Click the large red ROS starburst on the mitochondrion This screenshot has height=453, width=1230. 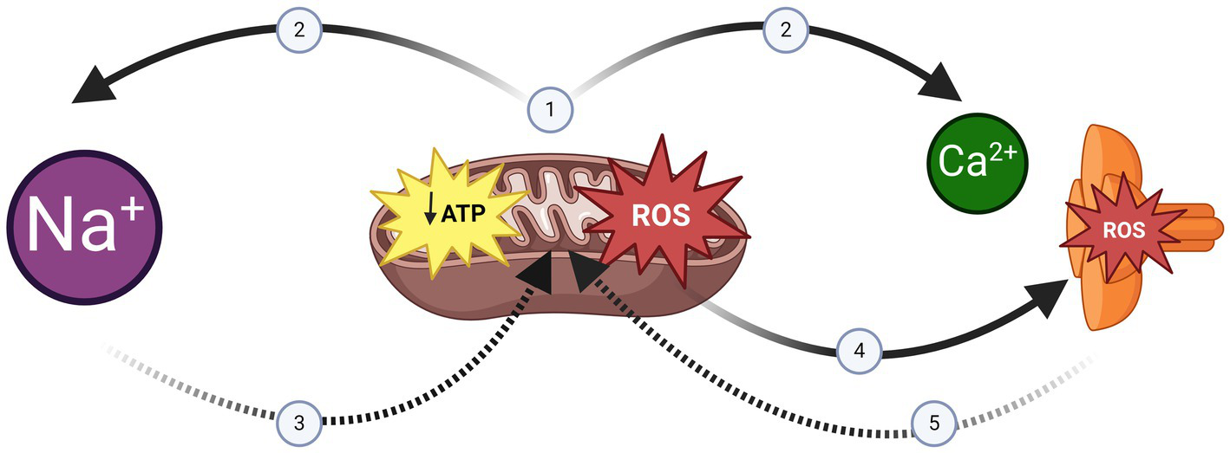coord(660,215)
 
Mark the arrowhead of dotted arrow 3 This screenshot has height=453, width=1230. coord(540,270)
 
